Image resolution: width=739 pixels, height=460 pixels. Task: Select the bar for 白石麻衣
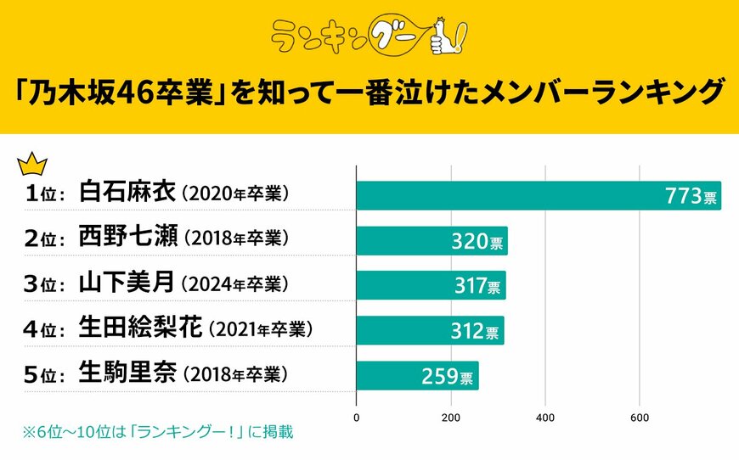click(x=538, y=195)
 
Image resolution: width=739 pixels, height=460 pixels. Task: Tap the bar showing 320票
click(x=431, y=241)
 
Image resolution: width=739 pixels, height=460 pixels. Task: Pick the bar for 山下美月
click(x=430, y=285)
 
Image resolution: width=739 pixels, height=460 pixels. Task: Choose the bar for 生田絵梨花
click(x=429, y=330)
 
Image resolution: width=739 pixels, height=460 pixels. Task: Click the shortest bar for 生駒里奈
click(x=416, y=375)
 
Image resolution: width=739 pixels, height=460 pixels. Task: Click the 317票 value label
click(x=477, y=286)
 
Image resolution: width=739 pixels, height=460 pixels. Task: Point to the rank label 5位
click(x=43, y=374)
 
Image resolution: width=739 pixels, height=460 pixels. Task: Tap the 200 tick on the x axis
click(x=451, y=418)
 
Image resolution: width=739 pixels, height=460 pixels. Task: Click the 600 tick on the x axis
click(x=640, y=418)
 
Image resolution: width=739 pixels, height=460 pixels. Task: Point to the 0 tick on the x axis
click(x=356, y=418)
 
